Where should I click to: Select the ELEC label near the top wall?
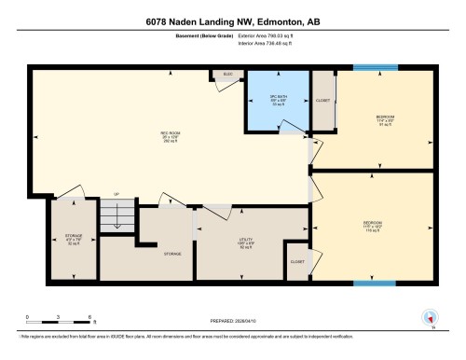pyautogui.click(x=226, y=73)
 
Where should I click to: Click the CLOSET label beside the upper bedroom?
pyautogui.click(x=323, y=100)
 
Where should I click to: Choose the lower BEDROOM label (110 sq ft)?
pyautogui.click(x=373, y=225)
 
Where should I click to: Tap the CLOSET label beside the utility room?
pyautogui.click(x=297, y=262)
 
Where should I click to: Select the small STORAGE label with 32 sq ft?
pyautogui.click(x=74, y=238)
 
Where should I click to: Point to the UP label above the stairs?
pyautogui.click(x=116, y=194)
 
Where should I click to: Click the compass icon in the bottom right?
pyautogui.click(x=429, y=317)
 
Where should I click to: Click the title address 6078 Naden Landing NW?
pyautogui.click(x=233, y=21)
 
